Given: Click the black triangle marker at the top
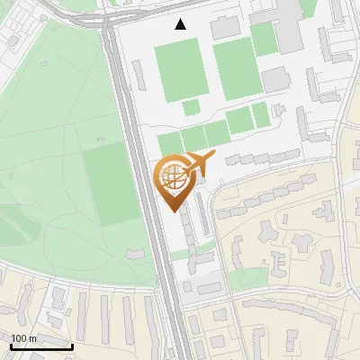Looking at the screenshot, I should tap(181, 24).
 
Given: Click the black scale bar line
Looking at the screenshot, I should tap(41, 347).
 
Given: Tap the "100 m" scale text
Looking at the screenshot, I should tap(24, 338).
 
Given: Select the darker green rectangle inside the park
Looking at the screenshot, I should tap(107, 184).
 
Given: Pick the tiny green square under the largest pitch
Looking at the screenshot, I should tap(191, 107).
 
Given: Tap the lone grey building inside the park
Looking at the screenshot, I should tap(135, 254).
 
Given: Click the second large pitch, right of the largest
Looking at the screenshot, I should tap(235, 69).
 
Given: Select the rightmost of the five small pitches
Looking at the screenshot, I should tap(260, 114).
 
